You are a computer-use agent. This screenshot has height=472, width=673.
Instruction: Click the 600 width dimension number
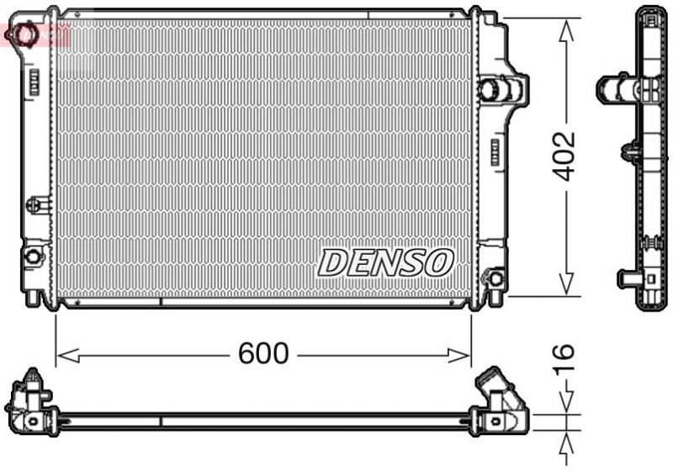pyautogui.click(x=263, y=354)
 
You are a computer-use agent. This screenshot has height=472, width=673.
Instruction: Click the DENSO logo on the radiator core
pyautogui.click(x=385, y=263)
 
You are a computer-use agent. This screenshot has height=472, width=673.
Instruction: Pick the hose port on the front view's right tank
pyautogui.click(x=492, y=89)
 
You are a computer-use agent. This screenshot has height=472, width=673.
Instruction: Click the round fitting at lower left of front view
pyautogui.click(x=33, y=256)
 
